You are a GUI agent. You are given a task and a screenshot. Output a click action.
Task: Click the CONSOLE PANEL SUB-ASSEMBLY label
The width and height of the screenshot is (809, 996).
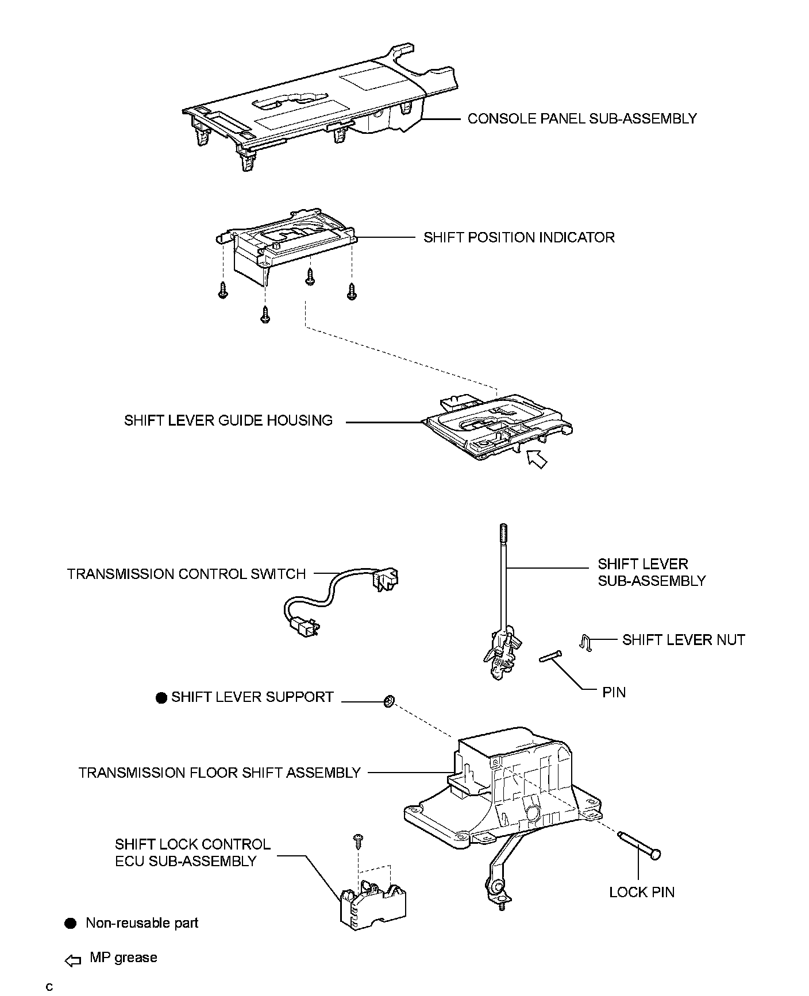581,119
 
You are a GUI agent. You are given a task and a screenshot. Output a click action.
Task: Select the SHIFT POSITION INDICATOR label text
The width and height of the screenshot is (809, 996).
519,237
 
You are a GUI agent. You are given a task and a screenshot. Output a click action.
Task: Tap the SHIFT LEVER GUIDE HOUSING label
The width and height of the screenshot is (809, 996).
228,420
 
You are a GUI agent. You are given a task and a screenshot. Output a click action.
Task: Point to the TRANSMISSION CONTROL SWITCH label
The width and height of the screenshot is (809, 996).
186,574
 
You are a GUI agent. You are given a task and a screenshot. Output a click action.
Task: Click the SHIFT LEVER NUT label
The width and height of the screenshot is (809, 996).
683,640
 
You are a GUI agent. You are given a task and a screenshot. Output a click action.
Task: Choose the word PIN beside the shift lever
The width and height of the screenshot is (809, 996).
614,692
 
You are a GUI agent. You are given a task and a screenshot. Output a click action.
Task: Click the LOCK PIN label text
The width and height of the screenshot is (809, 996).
642,892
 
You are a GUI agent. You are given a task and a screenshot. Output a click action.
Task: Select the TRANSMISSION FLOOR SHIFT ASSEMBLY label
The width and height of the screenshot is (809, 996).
219,773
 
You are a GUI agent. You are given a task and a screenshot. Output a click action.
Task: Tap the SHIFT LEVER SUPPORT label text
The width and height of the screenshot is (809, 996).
252,697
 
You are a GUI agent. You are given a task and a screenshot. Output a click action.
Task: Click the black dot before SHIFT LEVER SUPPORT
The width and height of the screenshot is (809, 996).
161,697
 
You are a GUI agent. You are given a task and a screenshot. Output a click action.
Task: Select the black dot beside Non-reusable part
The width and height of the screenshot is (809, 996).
70,923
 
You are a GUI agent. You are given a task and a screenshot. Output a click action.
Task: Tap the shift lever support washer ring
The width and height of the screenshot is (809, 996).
388,701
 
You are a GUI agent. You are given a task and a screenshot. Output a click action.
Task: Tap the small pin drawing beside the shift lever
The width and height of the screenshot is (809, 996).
550,655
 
